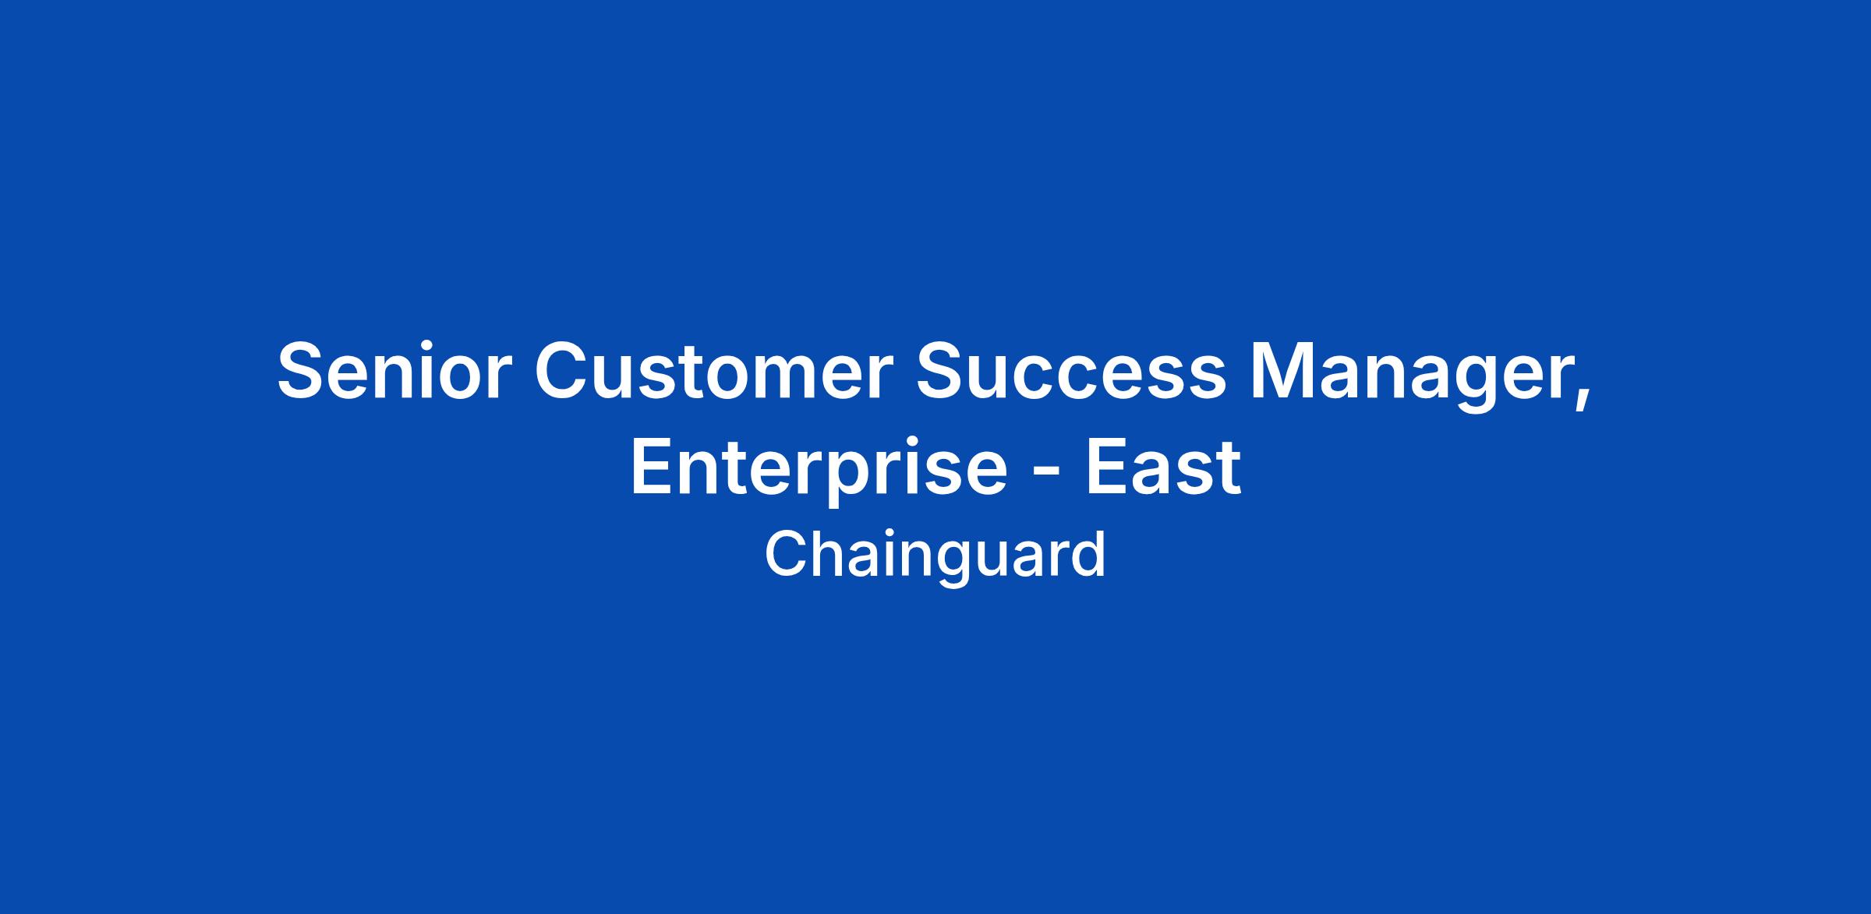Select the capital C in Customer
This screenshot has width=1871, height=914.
coord(563,371)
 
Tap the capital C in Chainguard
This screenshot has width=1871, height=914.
coord(784,554)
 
